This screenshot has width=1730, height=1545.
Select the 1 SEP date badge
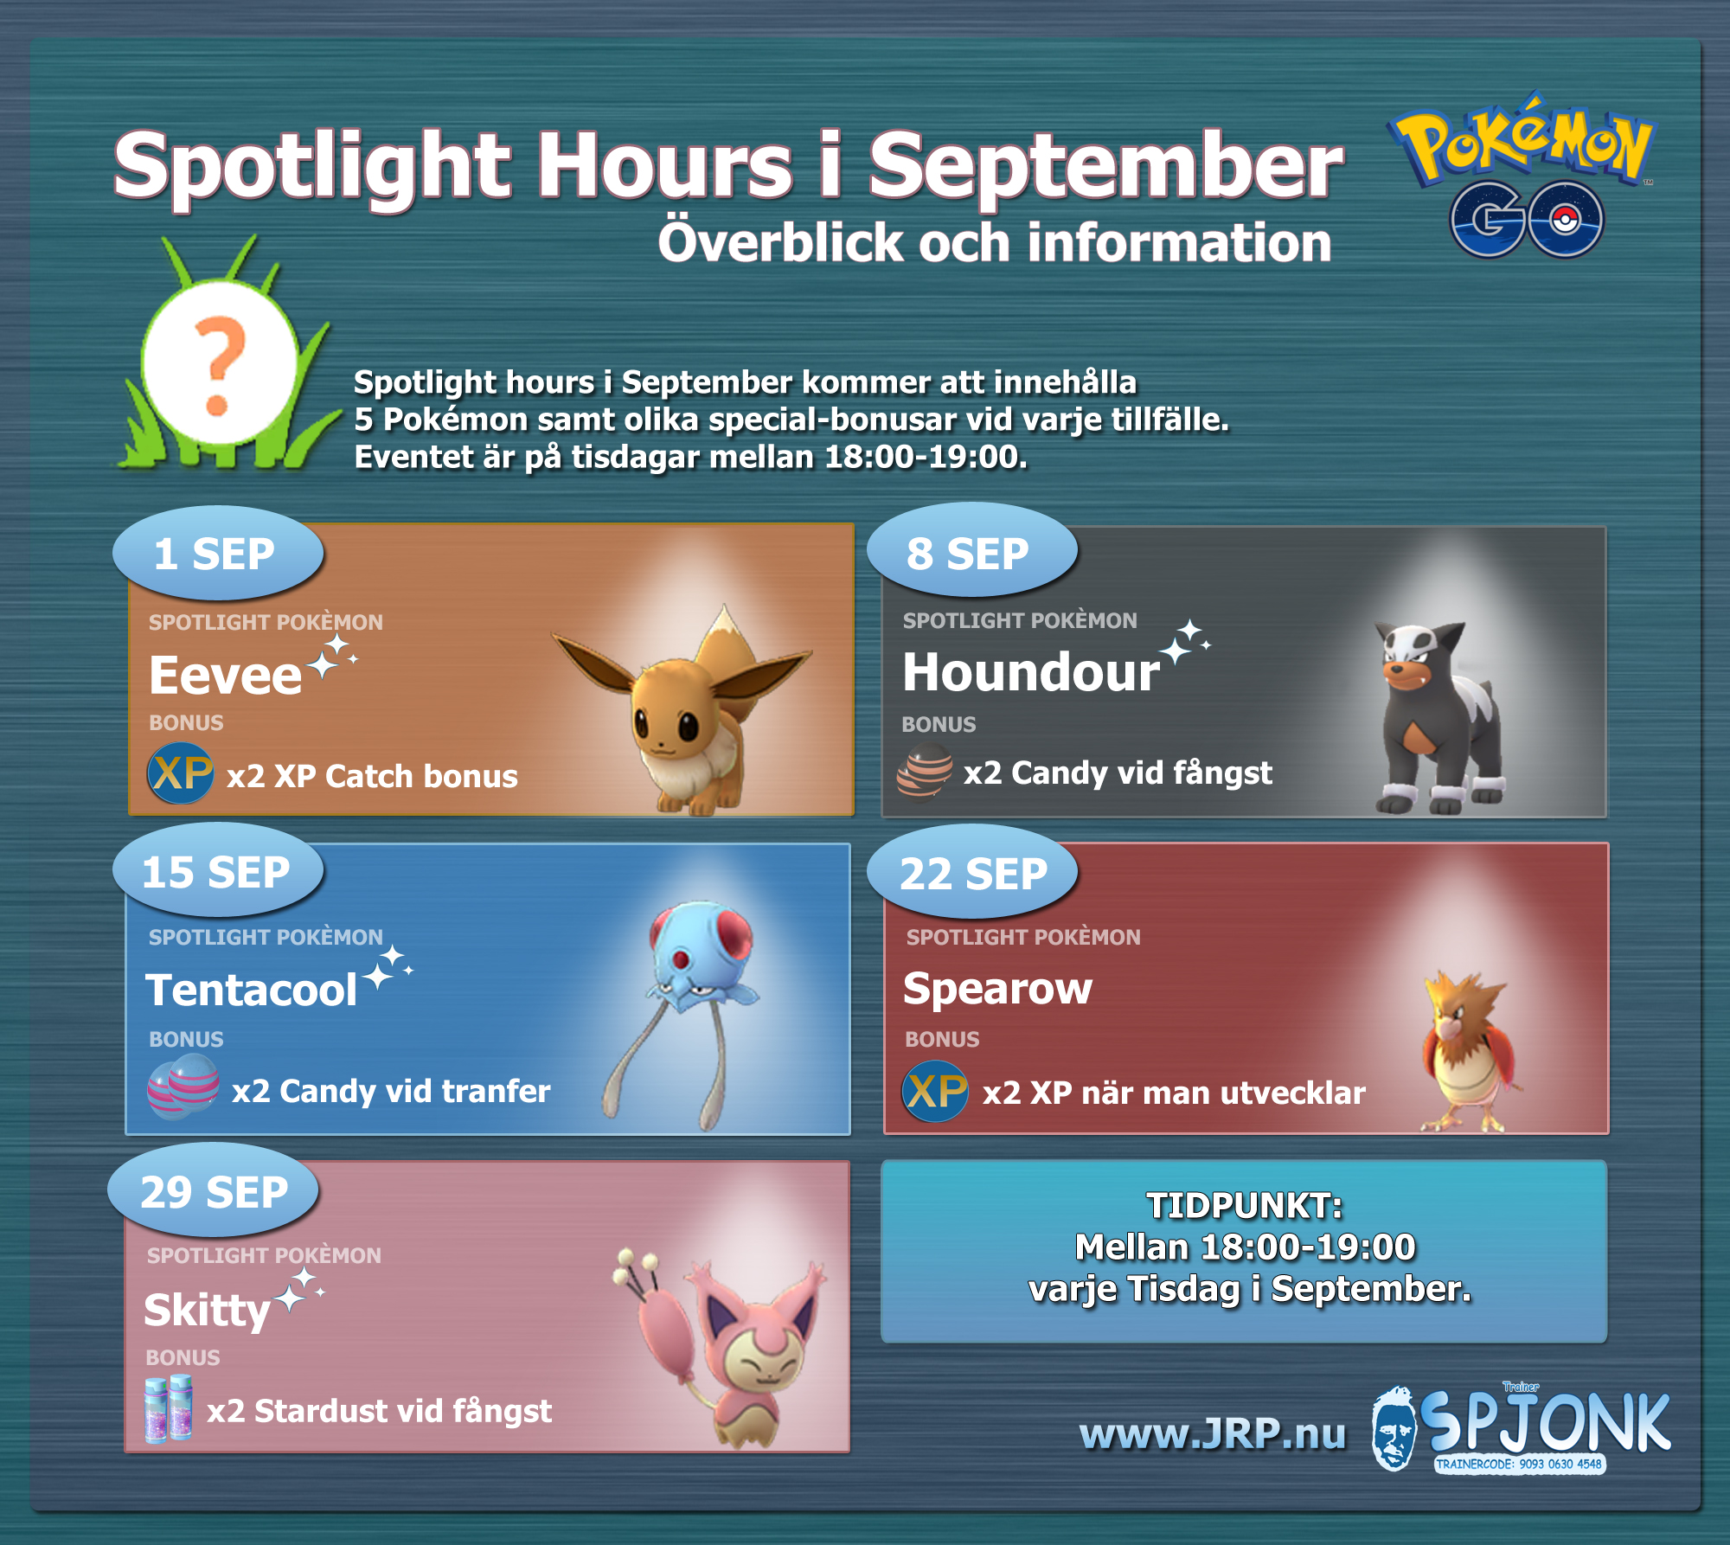[218, 554]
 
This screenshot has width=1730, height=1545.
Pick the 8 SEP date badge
[971, 552]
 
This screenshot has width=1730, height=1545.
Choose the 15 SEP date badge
[218, 870]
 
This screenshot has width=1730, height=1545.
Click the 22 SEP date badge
[972, 872]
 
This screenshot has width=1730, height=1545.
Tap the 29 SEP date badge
[214, 1190]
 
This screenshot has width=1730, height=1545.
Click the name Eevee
[225, 676]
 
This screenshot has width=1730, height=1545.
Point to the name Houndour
[1031, 672]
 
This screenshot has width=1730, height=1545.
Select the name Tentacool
[251, 990]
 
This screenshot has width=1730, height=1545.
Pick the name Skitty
[208, 1310]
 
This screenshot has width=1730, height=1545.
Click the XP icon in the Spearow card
[935, 1092]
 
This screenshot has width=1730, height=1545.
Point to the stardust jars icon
[169, 1408]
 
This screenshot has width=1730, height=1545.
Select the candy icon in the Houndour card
[924, 770]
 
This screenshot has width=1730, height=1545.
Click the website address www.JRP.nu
[1213, 1433]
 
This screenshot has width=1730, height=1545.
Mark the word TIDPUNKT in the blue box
[1245, 1205]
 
